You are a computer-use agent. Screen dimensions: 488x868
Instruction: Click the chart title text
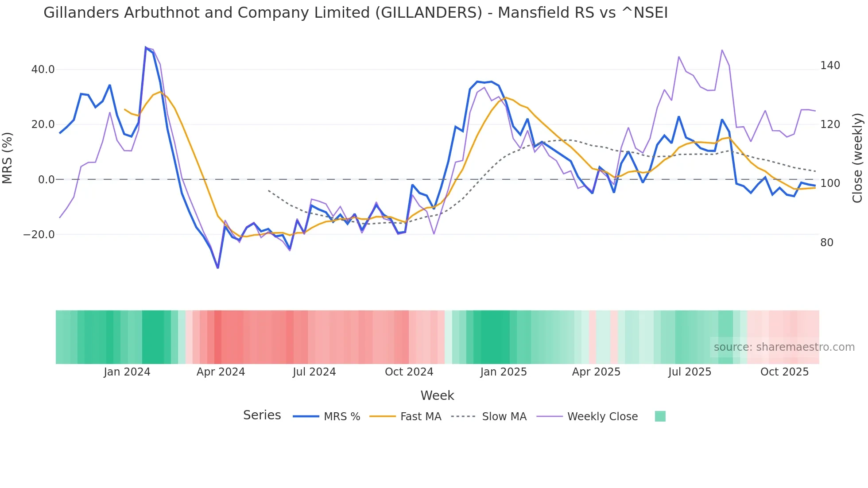pyautogui.click(x=355, y=13)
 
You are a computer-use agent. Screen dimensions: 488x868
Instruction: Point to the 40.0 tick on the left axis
pyautogui.click(x=43, y=70)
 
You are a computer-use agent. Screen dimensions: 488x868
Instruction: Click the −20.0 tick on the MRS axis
pyautogui.click(x=39, y=235)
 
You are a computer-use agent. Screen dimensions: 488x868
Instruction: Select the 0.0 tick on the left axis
pyautogui.click(x=46, y=180)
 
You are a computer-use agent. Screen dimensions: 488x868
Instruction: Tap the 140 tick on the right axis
pyautogui.click(x=830, y=66)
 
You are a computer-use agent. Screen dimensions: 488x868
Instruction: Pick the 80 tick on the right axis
pyautogui.click(x=826, y=243)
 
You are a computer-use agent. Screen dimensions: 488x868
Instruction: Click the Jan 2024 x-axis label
pyautogui.click(x=127, y=372)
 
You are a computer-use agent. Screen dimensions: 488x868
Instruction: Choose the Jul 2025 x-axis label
pyautogui.click(x=690, y=372)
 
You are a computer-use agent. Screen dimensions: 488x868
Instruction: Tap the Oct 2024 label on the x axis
pyautogui.click(x=409, y=372)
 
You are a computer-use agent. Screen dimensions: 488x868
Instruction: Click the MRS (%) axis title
pyautogui.click(x=8, y=158)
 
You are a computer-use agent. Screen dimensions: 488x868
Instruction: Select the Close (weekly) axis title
pyautogui.click(x=858, y=158)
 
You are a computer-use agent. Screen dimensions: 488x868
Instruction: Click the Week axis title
pyautogui.click(x=437, y=395)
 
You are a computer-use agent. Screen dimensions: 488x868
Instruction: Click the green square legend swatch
pyautogui.click(x=660, y=416)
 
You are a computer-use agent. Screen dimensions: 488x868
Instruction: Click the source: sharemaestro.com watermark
pyautogui.click(x=784, y=347)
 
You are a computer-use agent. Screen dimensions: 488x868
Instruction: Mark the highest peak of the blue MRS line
pyautogui.click(x=146, y=47)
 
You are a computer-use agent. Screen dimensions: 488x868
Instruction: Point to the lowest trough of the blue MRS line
pyautogui.click(x=218, y=267)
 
